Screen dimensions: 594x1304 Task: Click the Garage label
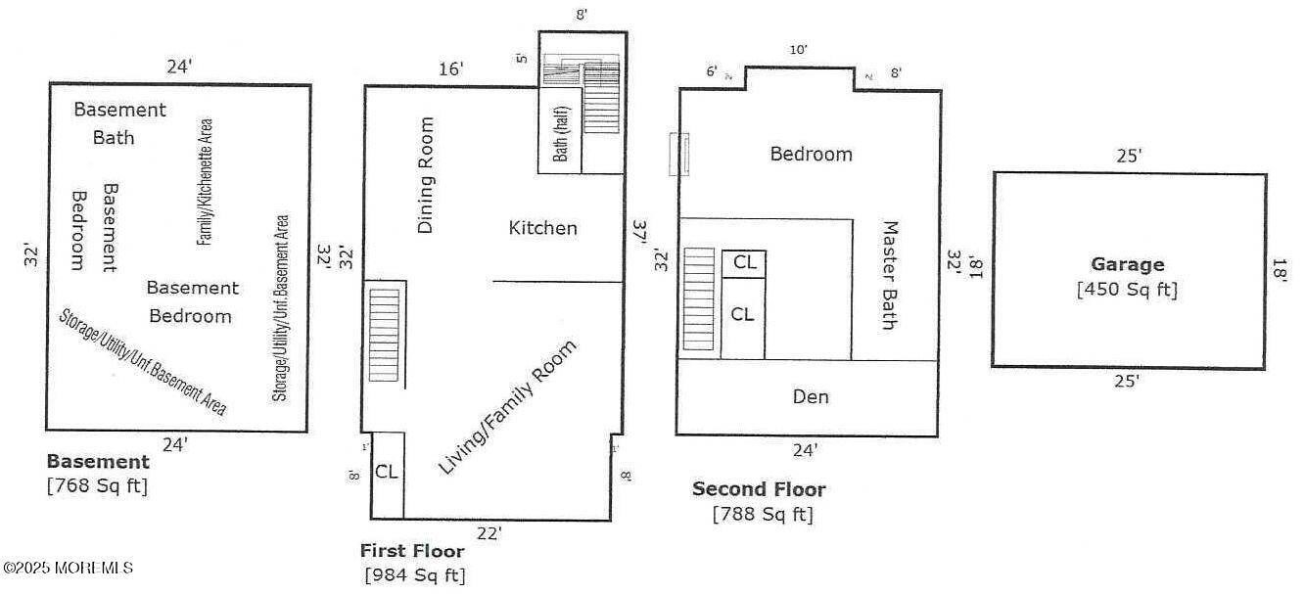click(x=1128, y=264)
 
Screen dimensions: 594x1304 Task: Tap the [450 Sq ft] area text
click(x=1127, y=290)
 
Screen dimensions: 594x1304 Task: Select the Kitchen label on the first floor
click(x=543, y=228)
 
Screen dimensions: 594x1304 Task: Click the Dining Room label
click(x=426, y=175)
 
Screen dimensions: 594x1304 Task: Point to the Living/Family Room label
click(x=507, y=407)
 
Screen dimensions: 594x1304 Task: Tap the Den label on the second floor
click(x=811, y=396)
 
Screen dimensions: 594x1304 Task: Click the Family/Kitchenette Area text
click(x=206, y=182)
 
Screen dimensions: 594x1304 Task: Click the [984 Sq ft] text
click(x=414, y=574)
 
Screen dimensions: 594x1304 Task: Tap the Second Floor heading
click(x=759, y=489)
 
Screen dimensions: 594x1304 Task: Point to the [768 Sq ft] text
click(x=97, y=485)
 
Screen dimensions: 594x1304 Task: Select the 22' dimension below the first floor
click(x=489, y=532)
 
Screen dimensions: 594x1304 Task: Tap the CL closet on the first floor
click(x=388, y=472)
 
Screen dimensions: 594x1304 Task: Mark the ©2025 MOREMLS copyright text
click(x=69, y=568)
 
